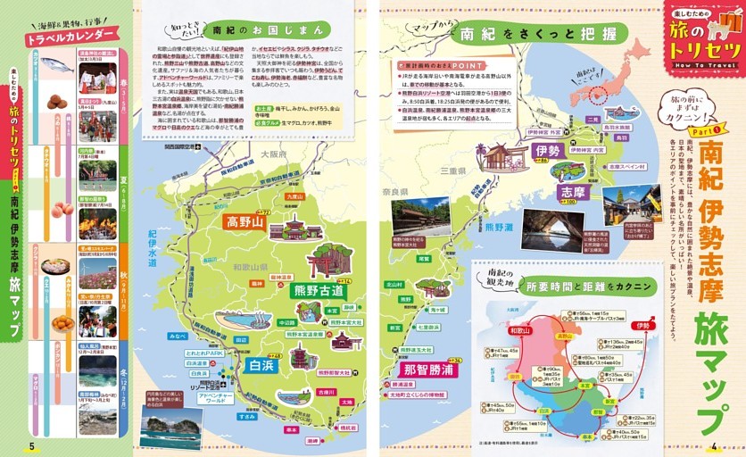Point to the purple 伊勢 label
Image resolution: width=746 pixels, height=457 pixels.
(543, 152)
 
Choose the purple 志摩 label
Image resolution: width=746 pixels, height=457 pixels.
(571, 191)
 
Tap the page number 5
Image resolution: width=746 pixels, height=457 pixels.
(31, 446)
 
